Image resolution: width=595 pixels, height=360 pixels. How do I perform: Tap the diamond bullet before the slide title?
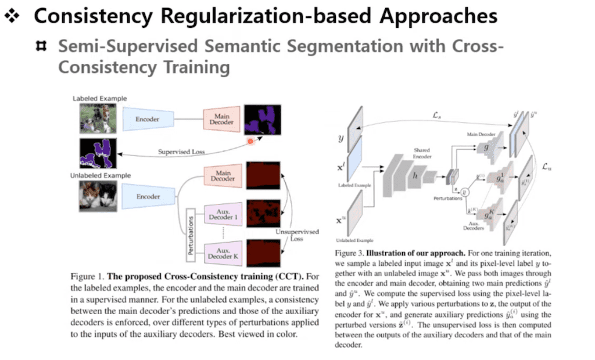(x=12, y=16)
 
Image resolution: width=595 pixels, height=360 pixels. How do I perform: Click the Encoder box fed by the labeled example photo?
(x=148, y=118)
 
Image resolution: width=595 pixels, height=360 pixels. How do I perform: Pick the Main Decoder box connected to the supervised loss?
(x=221, y=120)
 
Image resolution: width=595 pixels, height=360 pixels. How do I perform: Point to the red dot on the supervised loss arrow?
(x=251, y=141)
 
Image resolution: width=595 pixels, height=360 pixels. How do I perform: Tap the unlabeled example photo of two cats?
(x=97, y=196)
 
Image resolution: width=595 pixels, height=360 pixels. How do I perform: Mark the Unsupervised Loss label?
(x=297, y=235)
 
